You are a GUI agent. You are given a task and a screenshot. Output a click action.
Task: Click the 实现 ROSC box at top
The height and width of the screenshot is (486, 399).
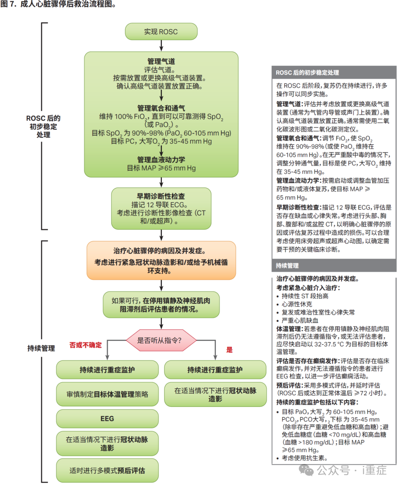(x=161, y=32)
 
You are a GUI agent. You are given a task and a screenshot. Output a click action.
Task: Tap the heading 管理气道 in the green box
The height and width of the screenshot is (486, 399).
(x=161, y=61)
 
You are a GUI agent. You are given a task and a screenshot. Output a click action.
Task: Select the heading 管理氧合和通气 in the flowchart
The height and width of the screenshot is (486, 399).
(x=161, y=108)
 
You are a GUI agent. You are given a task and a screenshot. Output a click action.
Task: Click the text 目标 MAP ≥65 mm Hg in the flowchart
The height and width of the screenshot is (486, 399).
(x=161, y=168)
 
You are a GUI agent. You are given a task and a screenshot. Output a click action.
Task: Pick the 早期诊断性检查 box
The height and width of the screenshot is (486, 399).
(x=161, y=208)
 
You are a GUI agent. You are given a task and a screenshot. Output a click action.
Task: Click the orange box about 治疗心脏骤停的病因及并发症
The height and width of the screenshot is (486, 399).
(x=161, y=260)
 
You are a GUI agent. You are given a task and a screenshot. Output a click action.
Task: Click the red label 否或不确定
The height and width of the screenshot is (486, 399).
(x=85, y=345)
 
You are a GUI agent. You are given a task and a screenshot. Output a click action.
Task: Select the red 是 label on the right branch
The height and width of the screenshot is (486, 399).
(x=229, y=350)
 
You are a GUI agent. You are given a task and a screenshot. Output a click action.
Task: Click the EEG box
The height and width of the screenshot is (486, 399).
(x=107, y=418)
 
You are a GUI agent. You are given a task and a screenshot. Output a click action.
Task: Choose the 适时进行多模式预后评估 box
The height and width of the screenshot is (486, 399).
(x=107, y=470)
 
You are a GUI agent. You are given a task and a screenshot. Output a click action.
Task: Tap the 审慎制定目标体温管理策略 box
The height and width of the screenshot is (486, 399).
(x=107, y=394)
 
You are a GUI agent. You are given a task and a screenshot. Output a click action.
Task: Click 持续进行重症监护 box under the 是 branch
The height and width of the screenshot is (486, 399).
(x=215, y=370)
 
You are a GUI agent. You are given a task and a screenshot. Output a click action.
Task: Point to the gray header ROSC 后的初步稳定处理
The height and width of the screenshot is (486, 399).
(x=307, y=73)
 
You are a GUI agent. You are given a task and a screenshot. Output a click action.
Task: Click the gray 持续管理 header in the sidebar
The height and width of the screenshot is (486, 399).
(x=287, y=266)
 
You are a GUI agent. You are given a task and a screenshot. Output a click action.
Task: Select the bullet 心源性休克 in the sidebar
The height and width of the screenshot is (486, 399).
(x=297, y=304)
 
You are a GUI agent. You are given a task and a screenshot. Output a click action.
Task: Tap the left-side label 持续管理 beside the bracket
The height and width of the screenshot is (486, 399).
(x=41, y=348)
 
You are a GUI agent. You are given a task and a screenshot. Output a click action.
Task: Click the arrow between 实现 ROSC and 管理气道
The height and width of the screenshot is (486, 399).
(x=161, y=45)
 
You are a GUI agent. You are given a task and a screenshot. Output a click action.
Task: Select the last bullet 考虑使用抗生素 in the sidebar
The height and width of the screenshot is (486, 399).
(x=304, y=458)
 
